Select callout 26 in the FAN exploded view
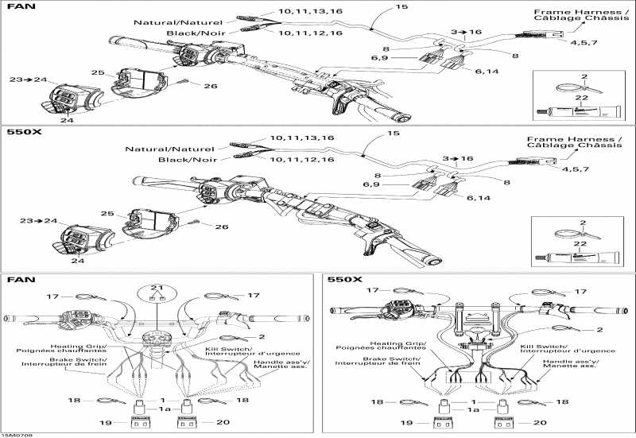pos(210,86)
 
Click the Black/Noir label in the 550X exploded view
pos(184,160)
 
